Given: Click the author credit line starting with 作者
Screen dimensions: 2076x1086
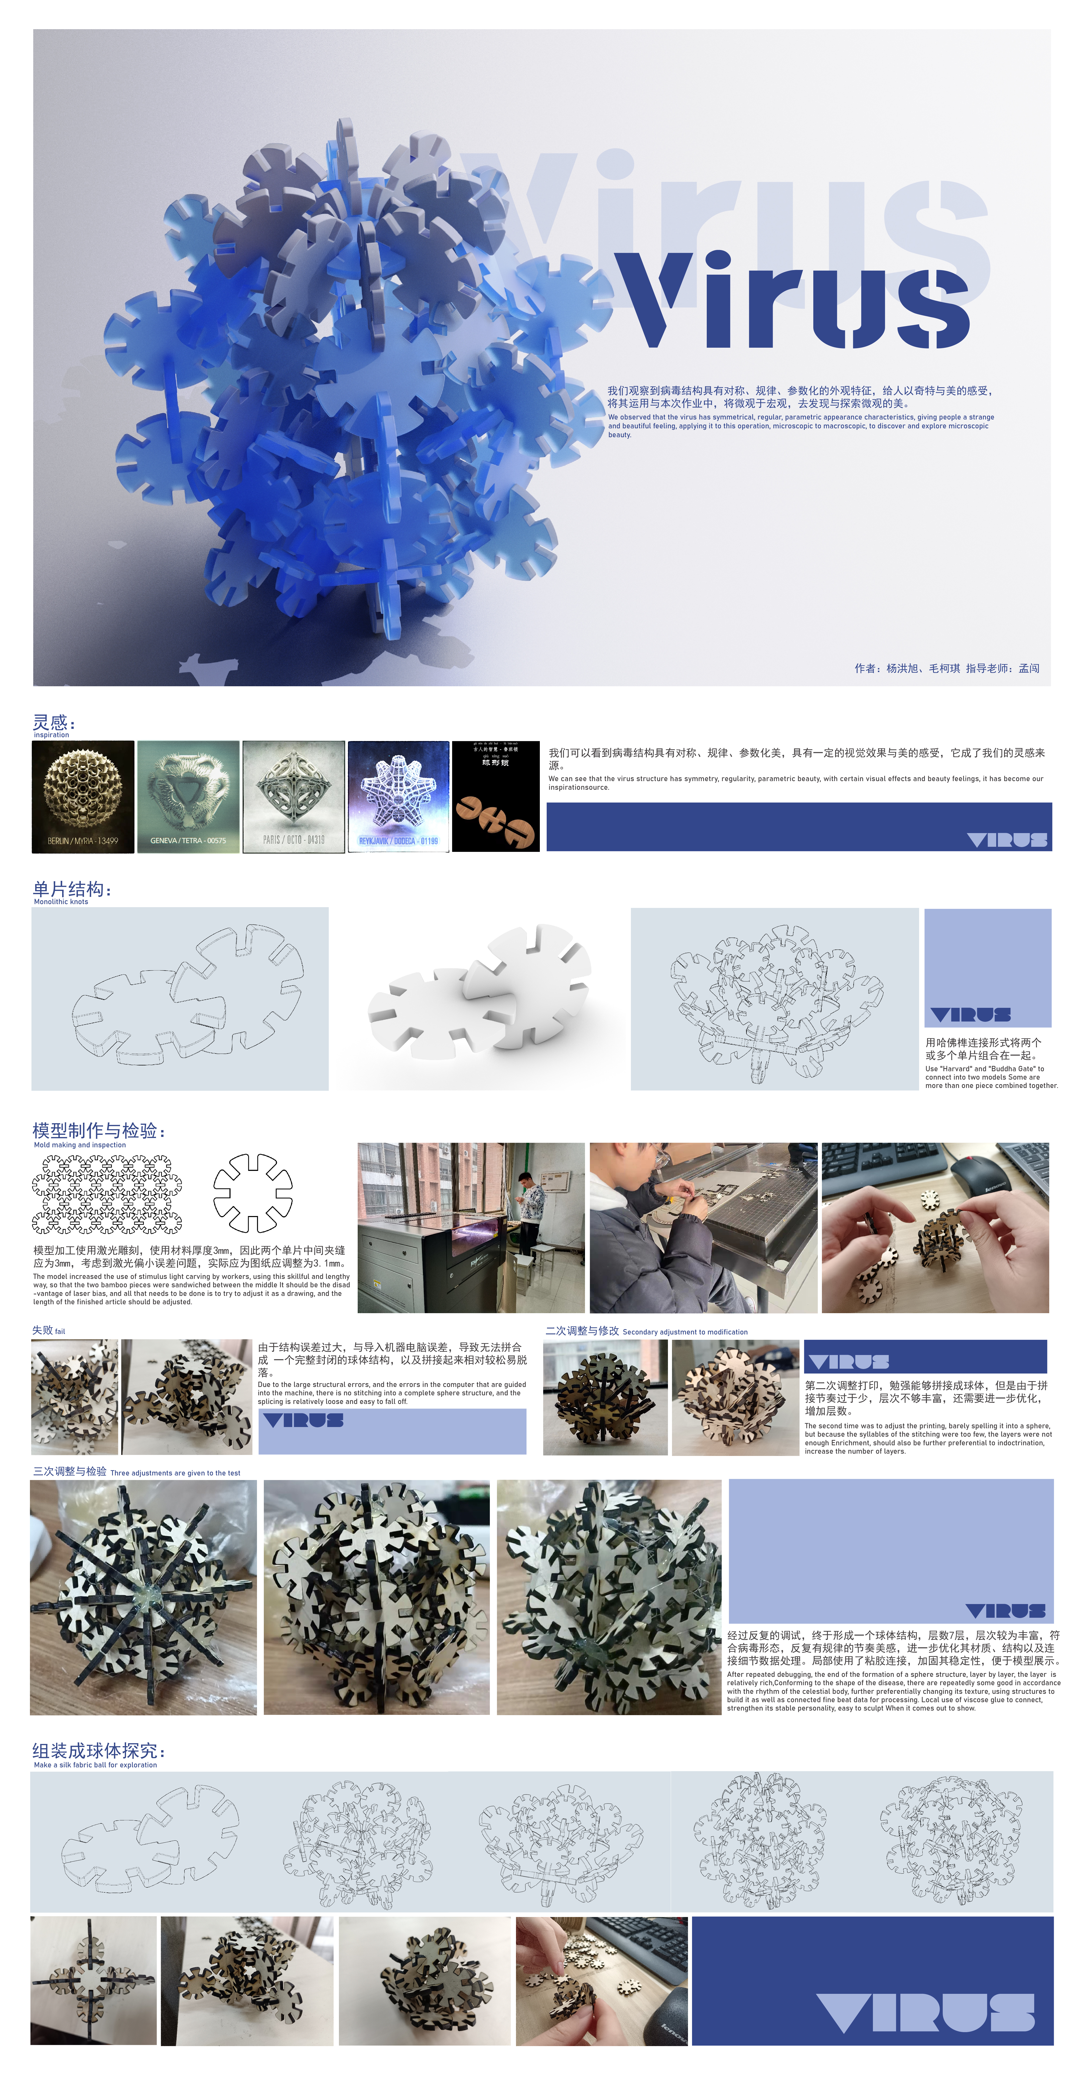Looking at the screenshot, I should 946,668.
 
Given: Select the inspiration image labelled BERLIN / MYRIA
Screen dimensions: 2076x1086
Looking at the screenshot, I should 83,796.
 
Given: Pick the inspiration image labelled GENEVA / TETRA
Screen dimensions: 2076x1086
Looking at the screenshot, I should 188,796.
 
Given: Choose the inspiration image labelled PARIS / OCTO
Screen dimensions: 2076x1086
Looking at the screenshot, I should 294,796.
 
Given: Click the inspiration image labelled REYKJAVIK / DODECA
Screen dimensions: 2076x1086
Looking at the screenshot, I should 398,796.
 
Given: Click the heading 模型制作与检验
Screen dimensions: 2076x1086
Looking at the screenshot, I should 98,1131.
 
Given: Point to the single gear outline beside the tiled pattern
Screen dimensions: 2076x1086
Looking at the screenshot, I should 252,1193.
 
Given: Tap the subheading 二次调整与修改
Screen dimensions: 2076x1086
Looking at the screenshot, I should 582,1331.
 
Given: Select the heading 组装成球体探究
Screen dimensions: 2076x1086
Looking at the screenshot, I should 98,1750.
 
